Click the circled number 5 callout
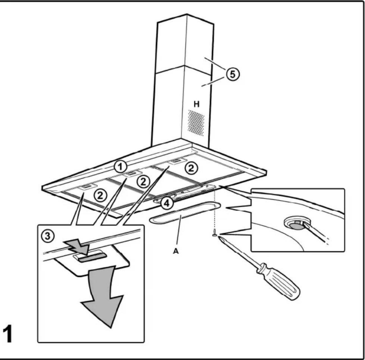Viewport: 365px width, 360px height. (x=233, y=74)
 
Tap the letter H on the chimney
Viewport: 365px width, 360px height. (x=197, y=104)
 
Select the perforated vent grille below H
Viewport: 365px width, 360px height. (x=196, y=123)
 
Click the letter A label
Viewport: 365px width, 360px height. (x=176, y=251)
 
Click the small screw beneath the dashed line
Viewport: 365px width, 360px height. (x=215, y=233)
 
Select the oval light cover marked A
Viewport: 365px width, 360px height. (x=185, y=213)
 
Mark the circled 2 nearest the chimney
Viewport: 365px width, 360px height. (x=190, y=168)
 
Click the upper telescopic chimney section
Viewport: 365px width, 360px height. (x=185, y=42)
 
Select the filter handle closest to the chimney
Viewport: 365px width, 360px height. (x=176, y=161)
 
